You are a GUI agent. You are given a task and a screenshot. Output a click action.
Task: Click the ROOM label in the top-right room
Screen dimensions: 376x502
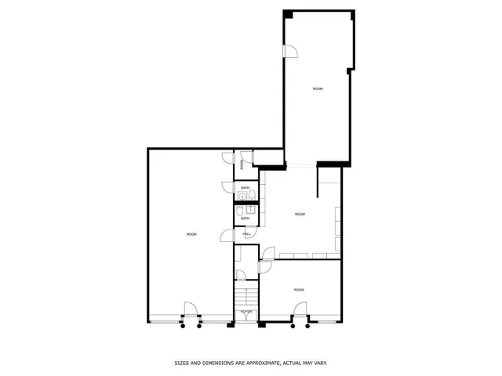(317, 89)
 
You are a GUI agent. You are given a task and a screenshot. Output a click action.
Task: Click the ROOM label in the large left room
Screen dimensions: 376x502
(191, 234)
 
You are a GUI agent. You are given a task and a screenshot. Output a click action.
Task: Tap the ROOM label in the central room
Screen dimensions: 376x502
(300, 214)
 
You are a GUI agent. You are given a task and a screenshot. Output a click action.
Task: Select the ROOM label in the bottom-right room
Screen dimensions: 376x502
(299, 290)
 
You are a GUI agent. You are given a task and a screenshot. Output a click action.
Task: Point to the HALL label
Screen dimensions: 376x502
(246, 234)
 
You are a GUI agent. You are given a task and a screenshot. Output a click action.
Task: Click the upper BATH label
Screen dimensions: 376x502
(245, 188)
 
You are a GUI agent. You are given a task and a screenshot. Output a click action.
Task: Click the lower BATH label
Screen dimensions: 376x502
(245, 218)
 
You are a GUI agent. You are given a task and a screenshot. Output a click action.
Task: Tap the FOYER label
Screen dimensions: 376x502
(246, 311)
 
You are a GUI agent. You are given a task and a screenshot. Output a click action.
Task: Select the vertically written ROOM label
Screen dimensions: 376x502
(242, 164)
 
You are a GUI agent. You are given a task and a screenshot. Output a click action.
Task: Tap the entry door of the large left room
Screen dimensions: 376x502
(191, 310)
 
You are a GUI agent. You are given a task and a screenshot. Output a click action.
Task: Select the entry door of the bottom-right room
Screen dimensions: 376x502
(300, 320)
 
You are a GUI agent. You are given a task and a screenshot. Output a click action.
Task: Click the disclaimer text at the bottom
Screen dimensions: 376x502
(250, 363)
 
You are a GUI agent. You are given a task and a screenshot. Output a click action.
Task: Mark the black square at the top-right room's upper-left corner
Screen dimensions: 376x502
(289, 14)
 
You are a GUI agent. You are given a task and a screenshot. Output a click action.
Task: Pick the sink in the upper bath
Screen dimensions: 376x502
(242, 197)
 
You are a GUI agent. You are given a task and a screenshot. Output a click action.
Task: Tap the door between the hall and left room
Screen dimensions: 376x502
(227, 235)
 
